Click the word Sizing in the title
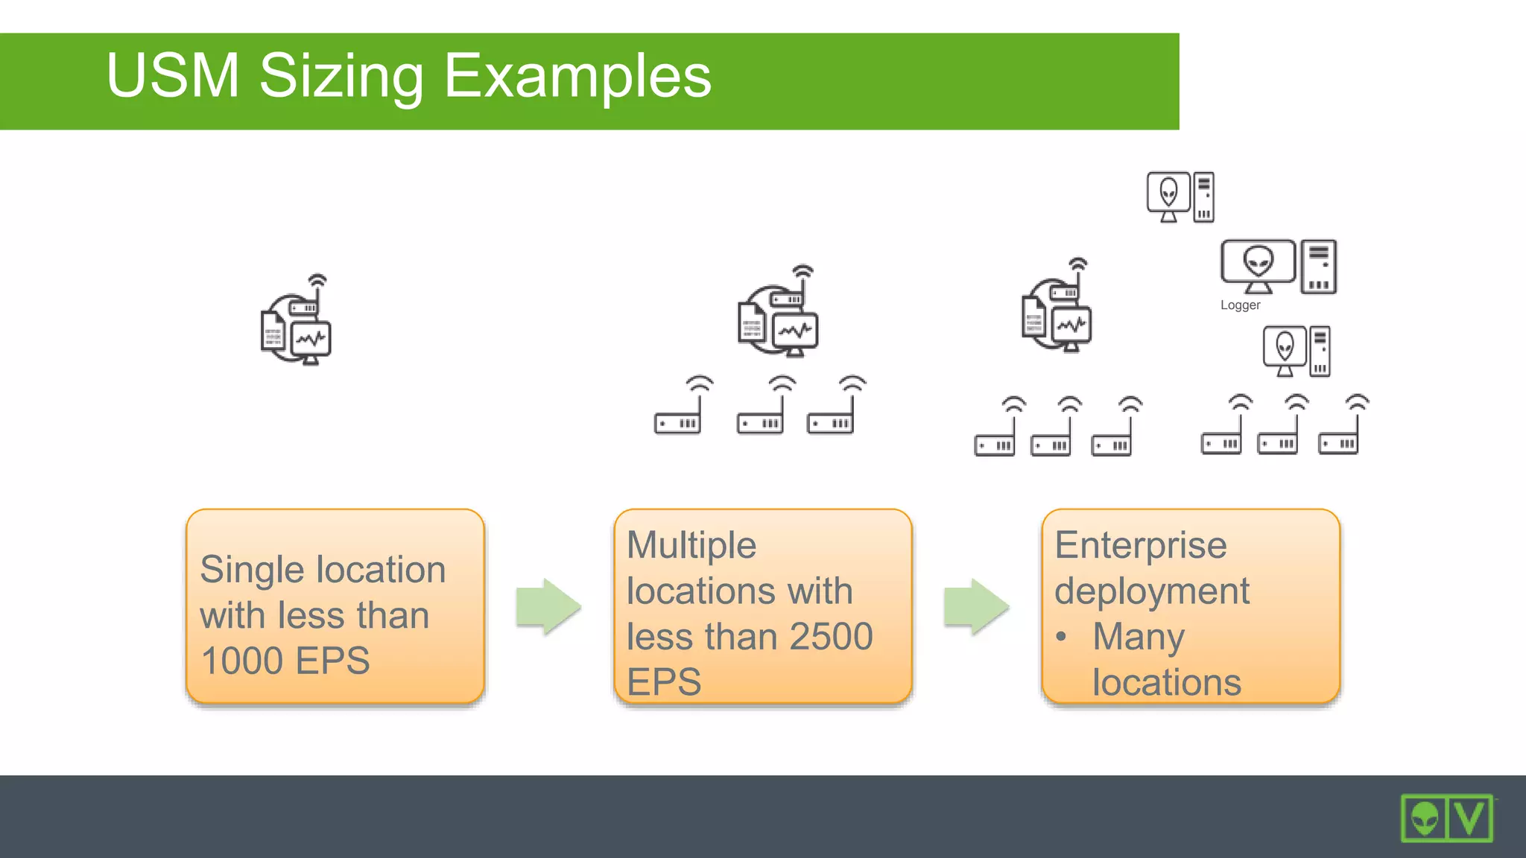click(341, 77)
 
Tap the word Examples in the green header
click(577, 77)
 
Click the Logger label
click(1240, 305)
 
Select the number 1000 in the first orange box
click(242, 661)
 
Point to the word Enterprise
click(1140, 545)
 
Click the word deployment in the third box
click(1151, 591)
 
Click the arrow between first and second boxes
click(548, 606)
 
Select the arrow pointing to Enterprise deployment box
click(976, 606)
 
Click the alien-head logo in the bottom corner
click(1424, 819)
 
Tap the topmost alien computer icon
click(1180, 197)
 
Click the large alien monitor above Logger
click(1258, 265)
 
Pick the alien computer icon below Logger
click(1296, 351)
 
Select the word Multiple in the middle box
click(691, 545)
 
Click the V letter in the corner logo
click(1469, 819)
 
